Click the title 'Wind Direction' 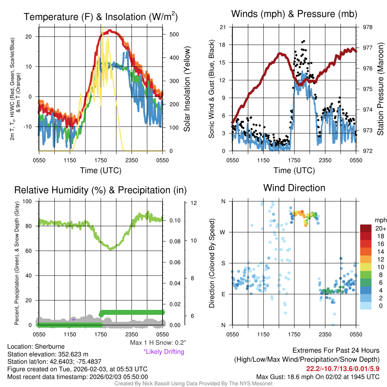click(294, 188)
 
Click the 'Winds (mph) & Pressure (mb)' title click(294, 14)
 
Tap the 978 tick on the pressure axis click(367, 27)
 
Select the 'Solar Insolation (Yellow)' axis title click(187, 89)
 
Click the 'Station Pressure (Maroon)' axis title click(380, 89)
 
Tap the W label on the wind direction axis click(223, 232)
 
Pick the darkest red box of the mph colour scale click(366, 228)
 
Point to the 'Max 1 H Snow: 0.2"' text click(158, 343)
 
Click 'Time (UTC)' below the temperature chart click(101, 170)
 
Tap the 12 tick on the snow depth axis click(194, 203)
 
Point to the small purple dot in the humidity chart click(74, 319)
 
